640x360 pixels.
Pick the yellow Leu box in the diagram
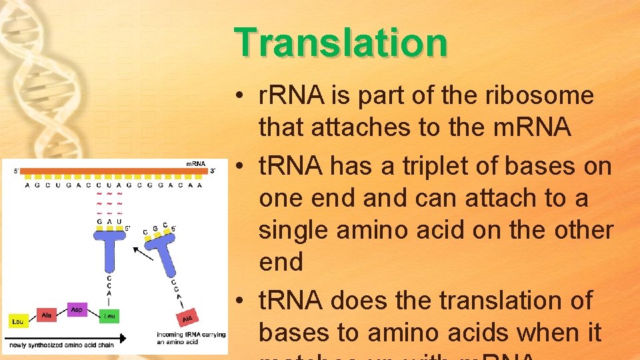19,321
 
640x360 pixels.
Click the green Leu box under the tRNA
109,316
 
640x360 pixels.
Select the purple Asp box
78,309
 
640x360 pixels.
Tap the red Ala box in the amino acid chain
47,314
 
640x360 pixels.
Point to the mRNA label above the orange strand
195,163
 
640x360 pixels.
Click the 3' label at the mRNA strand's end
213,171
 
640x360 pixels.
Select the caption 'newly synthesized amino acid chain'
60,345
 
